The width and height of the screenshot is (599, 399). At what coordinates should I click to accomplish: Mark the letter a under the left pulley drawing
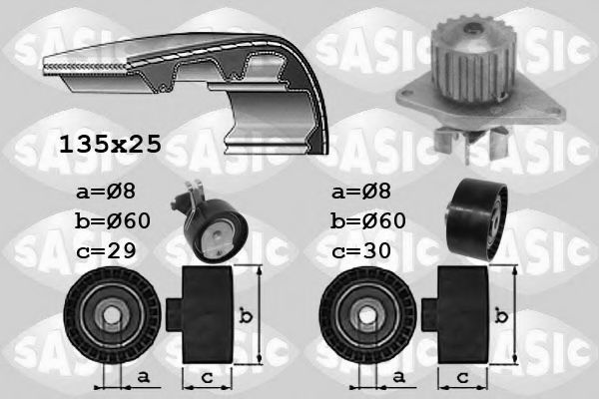click(x=143, y=375)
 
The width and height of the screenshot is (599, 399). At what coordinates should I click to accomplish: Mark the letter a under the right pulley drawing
click(x=400, y=375)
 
